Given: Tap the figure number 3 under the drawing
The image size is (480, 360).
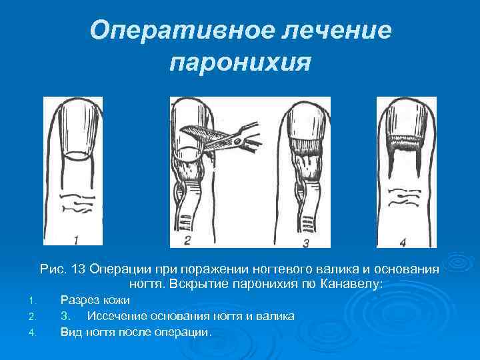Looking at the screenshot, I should [x=305, y=241].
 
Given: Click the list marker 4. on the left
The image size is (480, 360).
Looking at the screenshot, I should [x=39, y=331].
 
